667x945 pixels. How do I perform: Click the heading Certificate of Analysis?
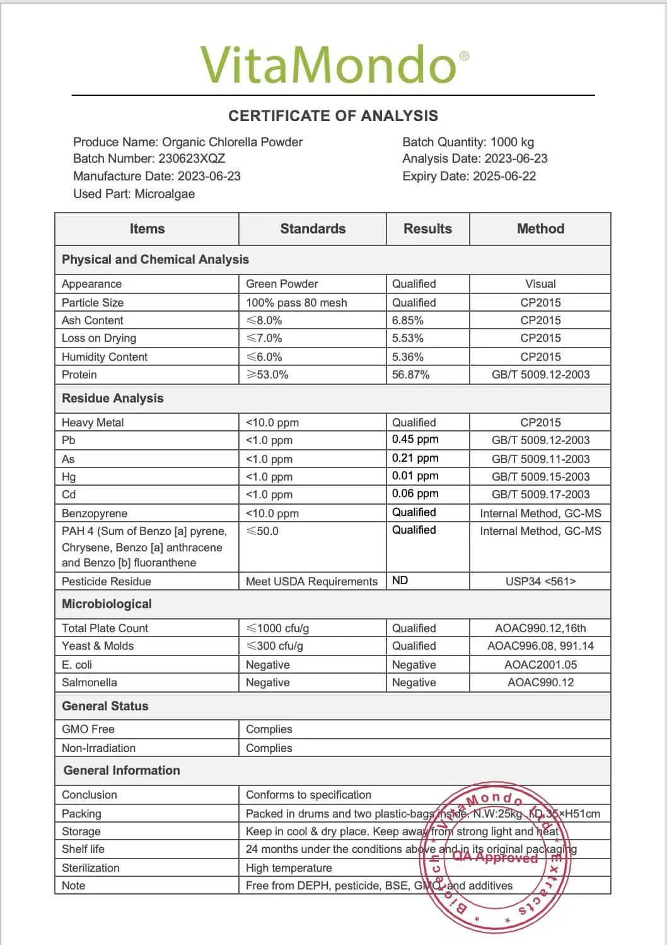pyautogui.click(x=333, y=116)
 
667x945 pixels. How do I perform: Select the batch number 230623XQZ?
pyautogui.click(x=192, y=159)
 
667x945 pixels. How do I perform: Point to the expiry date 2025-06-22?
pyautogui.click(x=504, y=177)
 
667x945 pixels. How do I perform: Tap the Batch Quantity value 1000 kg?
pyautogui.click(x=512, y=143)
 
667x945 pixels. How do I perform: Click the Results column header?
pyautogui.click(x=427, y=229)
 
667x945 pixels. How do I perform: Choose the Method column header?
pyautogui.click(x=540, y=229)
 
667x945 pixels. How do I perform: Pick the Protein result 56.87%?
pyautogui.click(x=410, y=375)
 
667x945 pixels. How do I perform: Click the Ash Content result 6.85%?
pyautogui.click(x=408, y=320)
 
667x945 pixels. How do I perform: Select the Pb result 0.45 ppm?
pyautogui.click(x=415, y=440)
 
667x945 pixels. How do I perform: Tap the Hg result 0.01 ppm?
pyautogui.click(x=415, y=476)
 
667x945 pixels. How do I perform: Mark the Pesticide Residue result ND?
pyautogui.click(x=400, y=580)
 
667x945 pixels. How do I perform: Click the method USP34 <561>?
pyautogui.click(x=540, y=582)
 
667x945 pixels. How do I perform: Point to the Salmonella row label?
pyautogui.click(x=90, y=683)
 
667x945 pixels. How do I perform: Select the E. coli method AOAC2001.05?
pyautogui.click(x=540, y=665)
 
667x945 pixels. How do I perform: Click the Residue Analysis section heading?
pyautogui.click(x=113, y=399)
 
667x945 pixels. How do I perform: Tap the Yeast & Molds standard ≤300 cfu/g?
pyautogui.click(x=275, y=646)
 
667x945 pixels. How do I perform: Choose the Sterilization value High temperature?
pyautogui.click(x=289, y=868)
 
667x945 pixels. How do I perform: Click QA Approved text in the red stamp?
pyautogui.click(x=495, y=857)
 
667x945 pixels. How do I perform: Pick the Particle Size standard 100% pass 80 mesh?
pyautogui.click(x=296, y=303)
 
